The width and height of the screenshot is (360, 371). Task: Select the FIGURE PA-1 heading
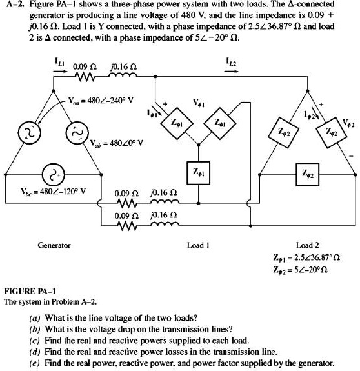(x=31, y=291)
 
